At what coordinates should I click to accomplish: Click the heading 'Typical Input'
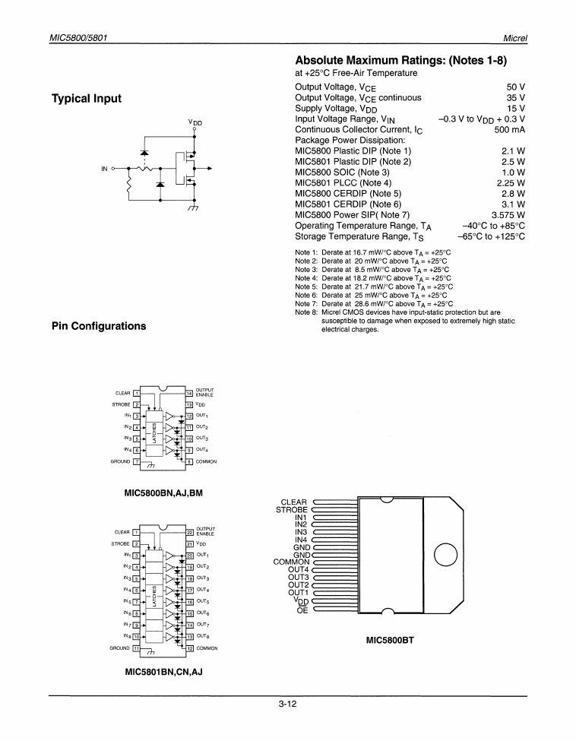click(x=86, y=98)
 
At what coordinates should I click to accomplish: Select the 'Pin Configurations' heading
click(x=98, y=326)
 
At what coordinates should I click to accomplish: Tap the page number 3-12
click(x=287, y=704)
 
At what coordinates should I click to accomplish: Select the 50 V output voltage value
click(x=516, y=87)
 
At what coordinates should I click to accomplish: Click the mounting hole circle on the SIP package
click(x=447, y=556)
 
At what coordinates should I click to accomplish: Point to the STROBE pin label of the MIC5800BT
click(x=291, y=510)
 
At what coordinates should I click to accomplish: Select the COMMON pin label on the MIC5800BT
click(x=291, y=562)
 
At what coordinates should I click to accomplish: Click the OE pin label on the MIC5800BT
click(x=302, y=610)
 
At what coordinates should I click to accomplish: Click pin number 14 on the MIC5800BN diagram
click(x=190, y=393)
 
